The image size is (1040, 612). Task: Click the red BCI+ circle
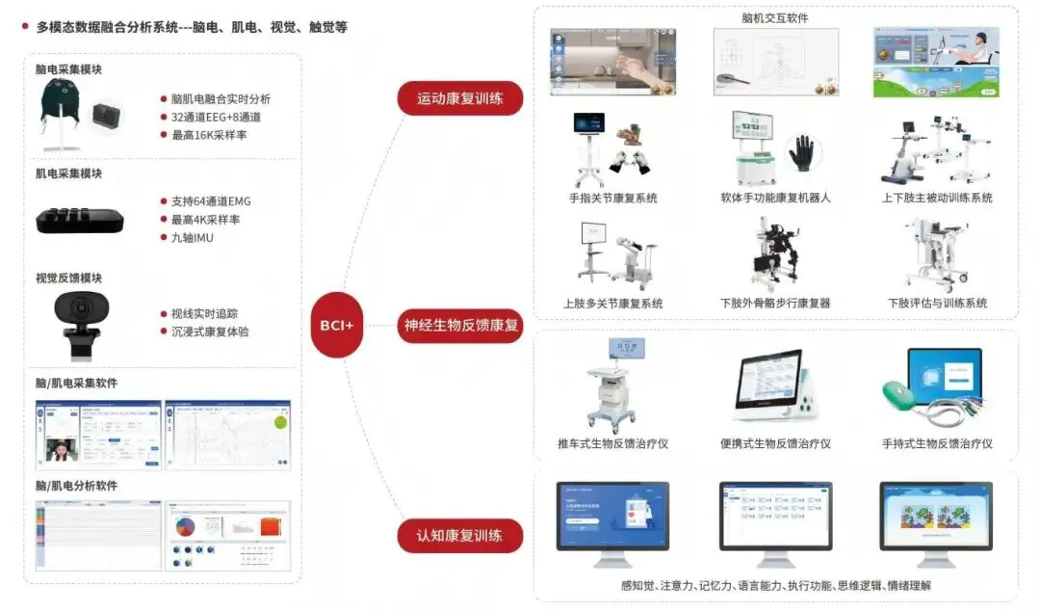(x=336, y=325)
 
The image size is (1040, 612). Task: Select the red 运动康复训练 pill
(x=459, y=98)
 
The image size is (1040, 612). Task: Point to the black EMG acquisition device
(x=80, y=219)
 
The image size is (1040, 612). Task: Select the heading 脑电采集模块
(x=68, y=69)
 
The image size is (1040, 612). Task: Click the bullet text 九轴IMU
(x=192, y=237)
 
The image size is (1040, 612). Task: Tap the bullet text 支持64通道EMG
(x=211, y=201)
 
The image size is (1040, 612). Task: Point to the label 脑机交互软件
(x=774, y=17)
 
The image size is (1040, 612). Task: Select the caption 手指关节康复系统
(x=613, y=198)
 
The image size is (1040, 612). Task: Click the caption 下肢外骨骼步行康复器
(x=775, y=303)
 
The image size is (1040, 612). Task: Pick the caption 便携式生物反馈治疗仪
(x=774, y=443)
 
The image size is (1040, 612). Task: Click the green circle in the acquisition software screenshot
(x=280, y=422)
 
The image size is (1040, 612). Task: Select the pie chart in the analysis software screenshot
(x=185, y=527)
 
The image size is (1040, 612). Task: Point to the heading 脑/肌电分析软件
(x=76, y=486)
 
